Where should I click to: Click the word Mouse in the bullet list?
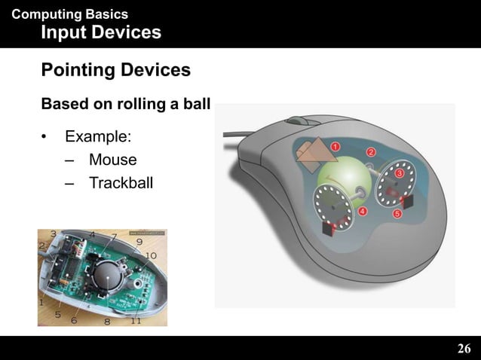(x=112, y=160)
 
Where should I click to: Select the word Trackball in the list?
(x=121, y=182)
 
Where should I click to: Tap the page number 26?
(x=464, y=348)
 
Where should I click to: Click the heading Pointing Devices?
(x=115, y=71)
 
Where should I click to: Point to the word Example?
(x=98, y=137)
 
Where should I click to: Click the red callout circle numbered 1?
(x=334, y=145)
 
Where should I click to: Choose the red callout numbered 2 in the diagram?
(x=371, y=153)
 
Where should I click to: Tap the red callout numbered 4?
(x=363, y=212)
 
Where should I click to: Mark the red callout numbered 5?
(x=397, y=215)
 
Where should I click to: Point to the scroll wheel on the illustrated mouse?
(x=298, y=121)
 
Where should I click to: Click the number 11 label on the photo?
(x=136, y=320)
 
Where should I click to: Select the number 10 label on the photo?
(x=151, y=256)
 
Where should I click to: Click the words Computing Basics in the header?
(x=70, y=14)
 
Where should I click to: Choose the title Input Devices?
(x=100, y=32)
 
